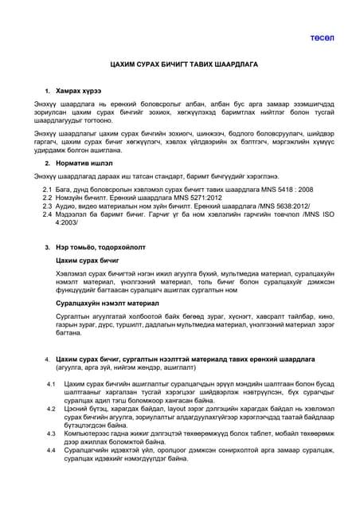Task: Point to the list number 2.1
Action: click(x=46, y=190)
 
